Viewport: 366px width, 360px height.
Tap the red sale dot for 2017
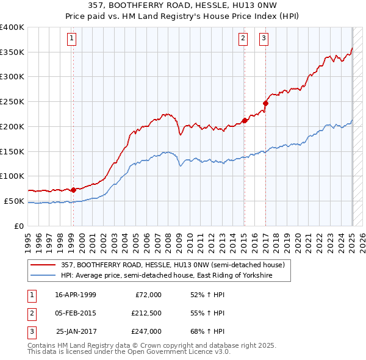(266, 103)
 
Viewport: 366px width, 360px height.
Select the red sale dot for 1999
(73, 189)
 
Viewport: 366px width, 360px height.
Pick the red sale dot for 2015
(245, 120)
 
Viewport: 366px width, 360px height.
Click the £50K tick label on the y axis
(15, 201)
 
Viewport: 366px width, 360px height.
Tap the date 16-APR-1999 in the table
(76, 295)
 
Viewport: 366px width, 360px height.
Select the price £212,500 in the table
(146, 313)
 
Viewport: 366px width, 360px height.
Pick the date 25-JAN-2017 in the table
(76, 331)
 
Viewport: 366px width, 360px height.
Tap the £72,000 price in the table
(148, 295)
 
